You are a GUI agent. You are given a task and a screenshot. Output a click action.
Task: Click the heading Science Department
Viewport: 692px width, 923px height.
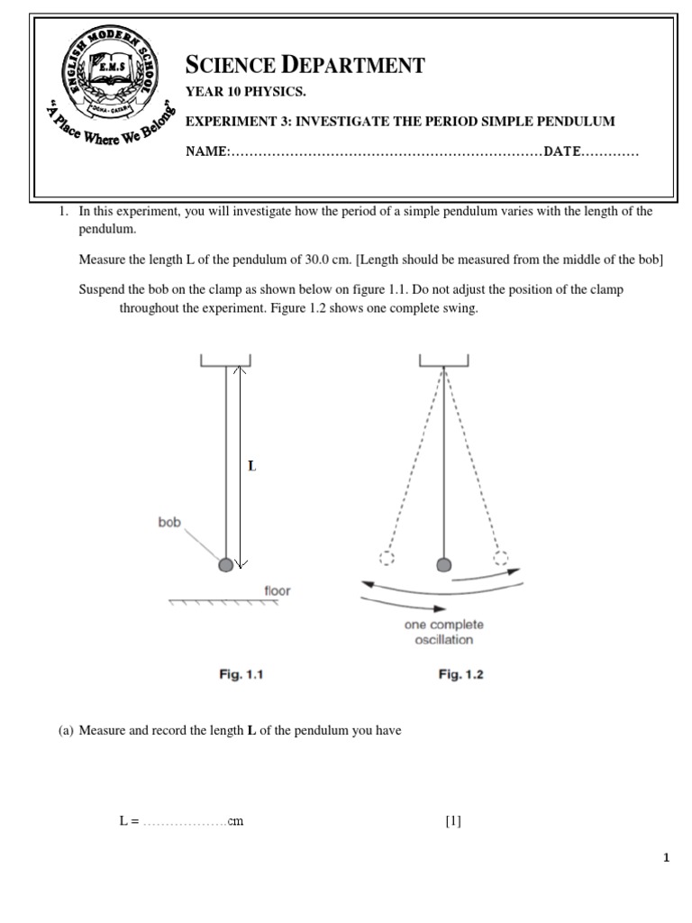(x=305, y=64)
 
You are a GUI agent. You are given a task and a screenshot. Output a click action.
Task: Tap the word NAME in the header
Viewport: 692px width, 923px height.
(x=206, y=151)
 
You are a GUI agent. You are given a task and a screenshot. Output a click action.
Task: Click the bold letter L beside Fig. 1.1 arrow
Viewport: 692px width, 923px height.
(x=252, y=466)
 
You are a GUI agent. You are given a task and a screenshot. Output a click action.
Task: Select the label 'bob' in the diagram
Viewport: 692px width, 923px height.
(x=169, y=521)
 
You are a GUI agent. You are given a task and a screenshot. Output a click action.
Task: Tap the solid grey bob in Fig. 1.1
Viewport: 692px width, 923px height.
(x=225, y=565)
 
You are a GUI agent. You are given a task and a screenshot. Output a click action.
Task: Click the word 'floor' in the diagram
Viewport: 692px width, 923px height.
(x=277, y=591)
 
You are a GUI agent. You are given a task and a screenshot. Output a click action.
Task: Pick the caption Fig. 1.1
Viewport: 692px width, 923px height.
(x=225, y=673)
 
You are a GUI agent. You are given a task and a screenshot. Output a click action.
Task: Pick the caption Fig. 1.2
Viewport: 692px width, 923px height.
(x=460, y=673)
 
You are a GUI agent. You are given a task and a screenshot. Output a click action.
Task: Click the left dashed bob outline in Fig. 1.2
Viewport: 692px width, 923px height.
(x=387, y=558)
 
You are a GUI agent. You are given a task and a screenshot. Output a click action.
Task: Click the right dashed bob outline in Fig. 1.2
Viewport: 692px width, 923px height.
(x=500, y=558)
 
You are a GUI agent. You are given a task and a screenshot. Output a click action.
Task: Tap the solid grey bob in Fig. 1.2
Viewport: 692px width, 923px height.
(x=443, y=564)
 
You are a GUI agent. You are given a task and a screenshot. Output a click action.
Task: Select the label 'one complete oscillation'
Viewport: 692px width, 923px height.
(x=443, y=632)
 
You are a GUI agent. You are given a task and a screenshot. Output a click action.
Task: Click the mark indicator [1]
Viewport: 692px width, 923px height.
(x=452, y=821)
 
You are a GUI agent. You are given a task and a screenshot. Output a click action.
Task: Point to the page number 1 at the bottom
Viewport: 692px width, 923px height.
(x=666, y=858)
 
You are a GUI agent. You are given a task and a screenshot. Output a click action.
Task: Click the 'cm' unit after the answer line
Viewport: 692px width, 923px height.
(x=235, y=821)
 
